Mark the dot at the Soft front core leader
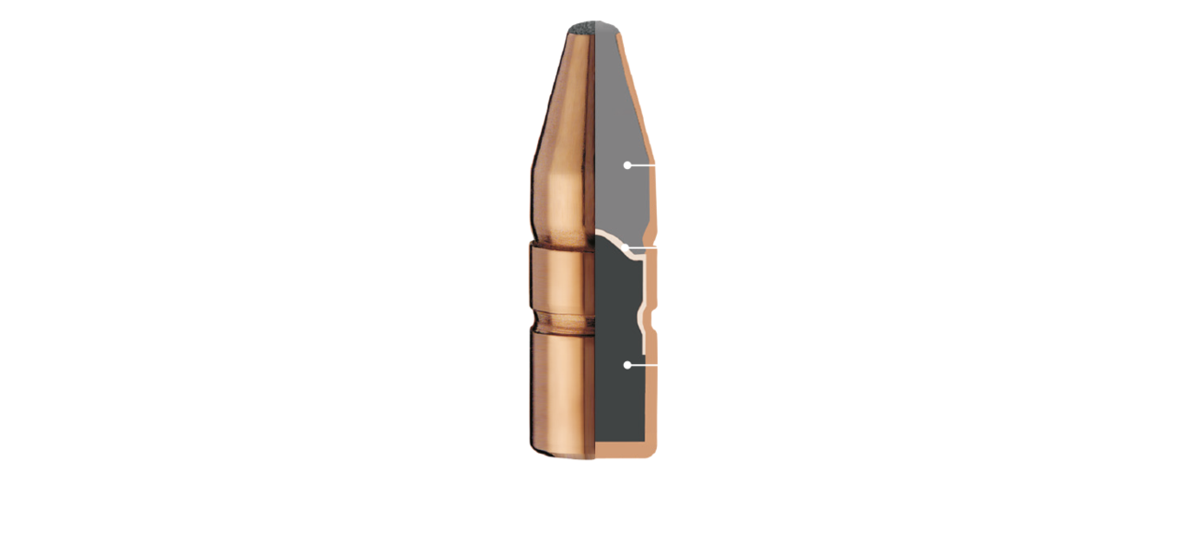click(628, 165)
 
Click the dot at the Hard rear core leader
click(628, 365)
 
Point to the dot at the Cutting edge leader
click(522, 238)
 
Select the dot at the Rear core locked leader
click(522, 321)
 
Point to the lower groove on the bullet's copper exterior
click(560, 322)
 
